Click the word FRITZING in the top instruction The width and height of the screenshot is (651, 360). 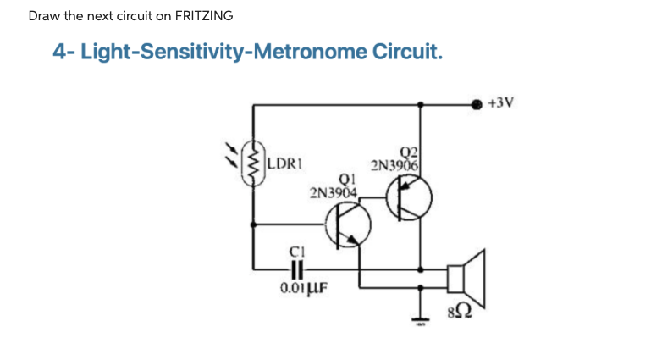(x=204, y=16)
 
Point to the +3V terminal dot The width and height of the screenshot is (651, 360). (x=477, y=104)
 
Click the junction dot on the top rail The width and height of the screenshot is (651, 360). (x=422, y=104)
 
